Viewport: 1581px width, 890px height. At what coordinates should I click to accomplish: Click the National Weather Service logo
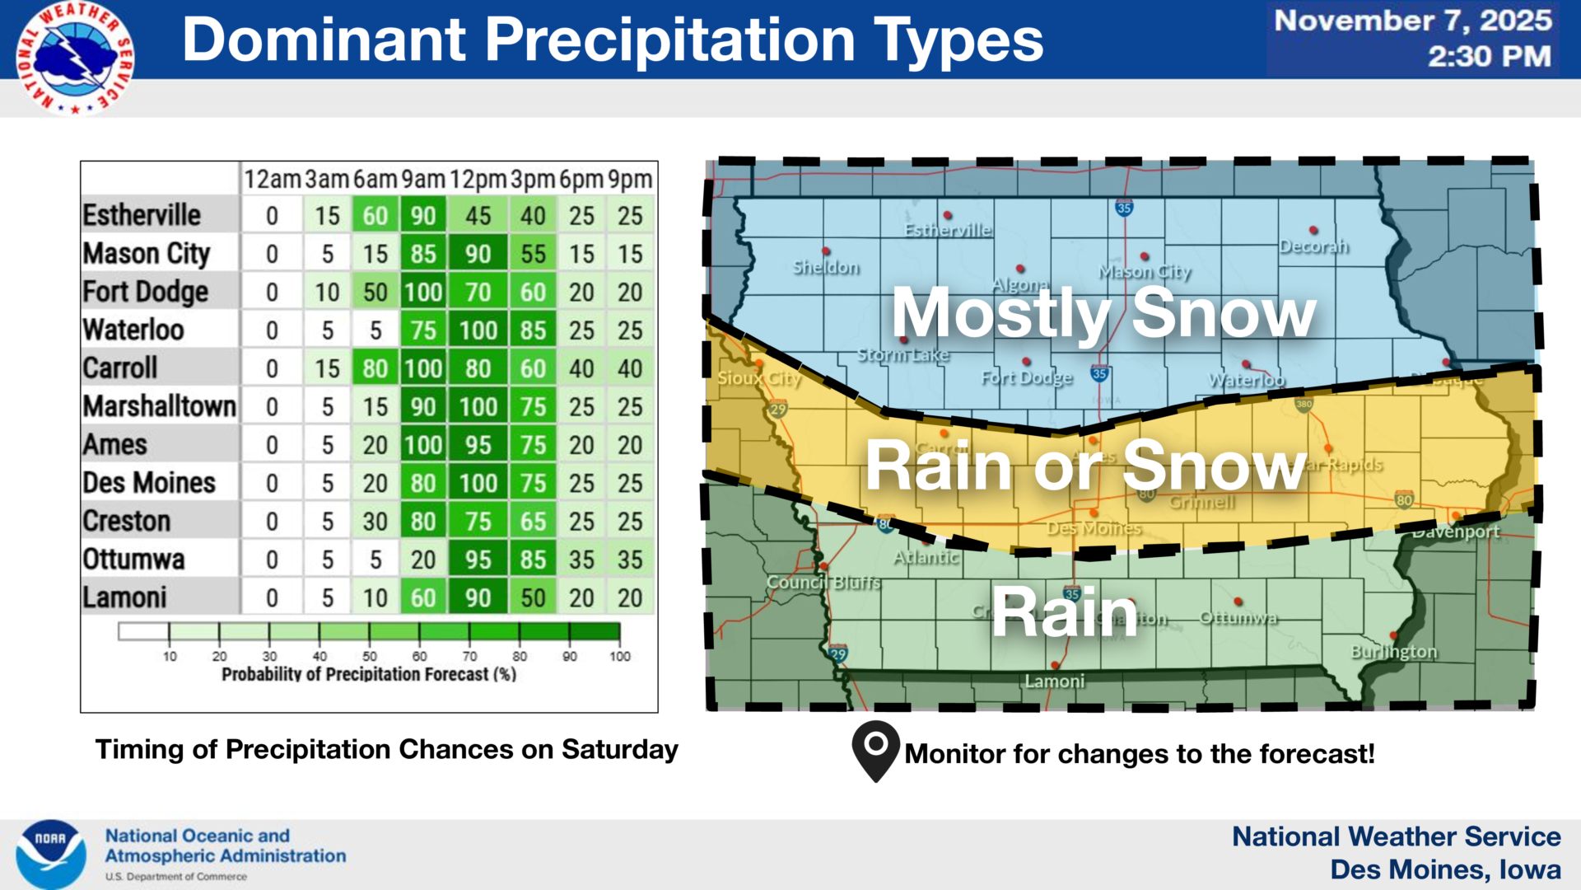tap(75, 58)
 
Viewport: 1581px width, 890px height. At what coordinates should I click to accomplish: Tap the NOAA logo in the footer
tap(51, 854)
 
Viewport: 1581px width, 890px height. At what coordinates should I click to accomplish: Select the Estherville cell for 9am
tap(423, 216)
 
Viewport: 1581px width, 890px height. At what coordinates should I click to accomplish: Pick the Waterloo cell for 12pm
tap(478, 330)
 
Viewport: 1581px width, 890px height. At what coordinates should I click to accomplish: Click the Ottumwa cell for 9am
tap(423, 560)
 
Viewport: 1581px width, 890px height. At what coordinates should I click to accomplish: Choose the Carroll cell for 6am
tap(375, 368)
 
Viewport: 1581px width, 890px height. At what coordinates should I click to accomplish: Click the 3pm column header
tap(533, 179)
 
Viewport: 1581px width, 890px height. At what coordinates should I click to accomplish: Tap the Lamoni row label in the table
tap(124, 597)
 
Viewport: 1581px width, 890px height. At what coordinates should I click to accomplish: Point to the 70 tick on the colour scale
tap(469, 656)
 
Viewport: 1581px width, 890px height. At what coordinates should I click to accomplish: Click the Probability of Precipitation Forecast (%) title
tap(369, 674)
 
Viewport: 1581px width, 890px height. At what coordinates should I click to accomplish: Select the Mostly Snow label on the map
tap(1103, 313)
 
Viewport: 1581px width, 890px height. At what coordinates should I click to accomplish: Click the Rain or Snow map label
tap(1085, 466)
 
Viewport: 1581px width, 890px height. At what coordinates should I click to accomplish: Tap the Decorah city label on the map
tap(1313, 246)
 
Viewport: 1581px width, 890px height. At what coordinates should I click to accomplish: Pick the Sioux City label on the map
tap(758, 378)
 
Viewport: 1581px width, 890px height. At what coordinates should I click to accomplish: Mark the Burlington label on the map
tap(1393, 652)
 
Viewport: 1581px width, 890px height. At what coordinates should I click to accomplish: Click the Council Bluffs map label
tap(823, 583)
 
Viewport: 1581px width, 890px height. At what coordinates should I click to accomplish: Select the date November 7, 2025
tap(1413, 21)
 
